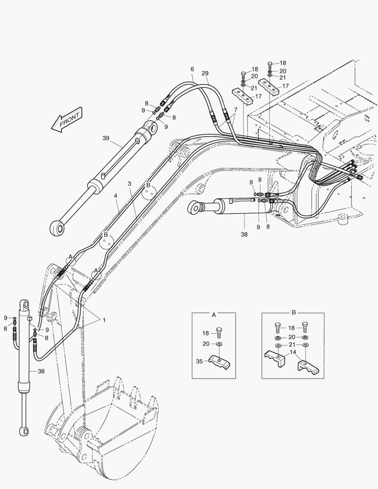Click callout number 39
(x=106, y=139)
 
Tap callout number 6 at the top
(x=192, y=69)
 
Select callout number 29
(x=205, y=73)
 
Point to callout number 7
(x=235, y=110)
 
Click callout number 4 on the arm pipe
(x=116, y=196)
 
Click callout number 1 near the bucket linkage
(x=104, y=320)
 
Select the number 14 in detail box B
(x=293, y=352)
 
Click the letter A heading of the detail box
(x=214, y=313)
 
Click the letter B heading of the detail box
(x=293, y=313)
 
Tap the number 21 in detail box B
(x=292, y=345)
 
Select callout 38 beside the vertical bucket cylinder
(x=41, y=371)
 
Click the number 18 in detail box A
(x=206, y=333)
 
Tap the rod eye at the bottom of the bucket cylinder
(x=23, y=431)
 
